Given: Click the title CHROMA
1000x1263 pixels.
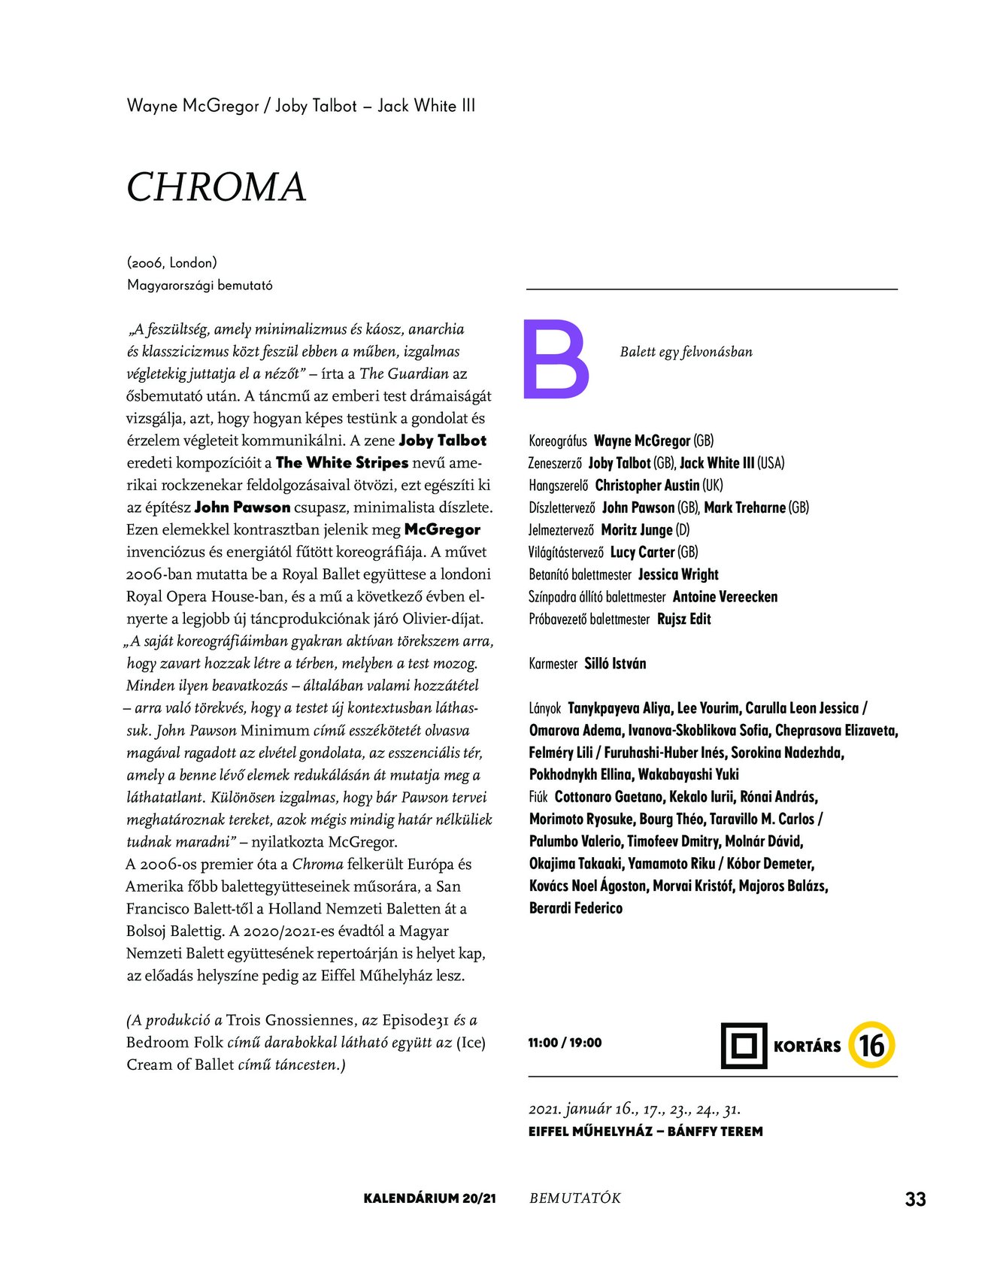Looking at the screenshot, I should (x=217, y=187).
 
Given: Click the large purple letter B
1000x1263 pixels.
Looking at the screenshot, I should (x=556, y=359).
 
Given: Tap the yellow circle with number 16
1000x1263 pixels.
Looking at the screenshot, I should (x=871, y=1045).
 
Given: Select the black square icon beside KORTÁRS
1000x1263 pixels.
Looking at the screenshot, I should (x=744, y=1045).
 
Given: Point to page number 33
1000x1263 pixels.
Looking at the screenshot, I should (x=915, y=1199).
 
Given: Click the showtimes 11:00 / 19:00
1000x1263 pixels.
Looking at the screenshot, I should (x=565, y=1043).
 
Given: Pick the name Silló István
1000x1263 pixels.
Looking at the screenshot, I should (x=615, y=664).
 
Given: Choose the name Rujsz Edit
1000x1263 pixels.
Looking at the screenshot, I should (x=683, y=619).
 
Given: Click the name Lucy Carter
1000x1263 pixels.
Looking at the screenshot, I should (x=642, y=553).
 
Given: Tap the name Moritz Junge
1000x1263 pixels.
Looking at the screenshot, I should (x=636, y=530).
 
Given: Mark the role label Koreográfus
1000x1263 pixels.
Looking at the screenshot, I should (x=557, y=441).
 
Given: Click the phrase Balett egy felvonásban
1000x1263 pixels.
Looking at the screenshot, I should (x=686, y=352).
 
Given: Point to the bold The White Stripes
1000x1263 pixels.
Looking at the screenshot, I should (x=342, y=462).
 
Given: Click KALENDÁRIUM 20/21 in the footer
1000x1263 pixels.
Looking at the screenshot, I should (x=429, y=1198).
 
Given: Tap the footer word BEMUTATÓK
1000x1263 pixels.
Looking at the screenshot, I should (x=575, y=1198).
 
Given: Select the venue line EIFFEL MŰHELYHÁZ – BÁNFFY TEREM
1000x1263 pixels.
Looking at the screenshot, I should (x=645, y=1131).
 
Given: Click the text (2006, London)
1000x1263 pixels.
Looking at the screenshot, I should (x=172, y=263).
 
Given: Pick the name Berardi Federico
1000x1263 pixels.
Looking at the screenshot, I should (x=576, y=908).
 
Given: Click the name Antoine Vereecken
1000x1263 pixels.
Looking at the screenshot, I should (x=725, y=597).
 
